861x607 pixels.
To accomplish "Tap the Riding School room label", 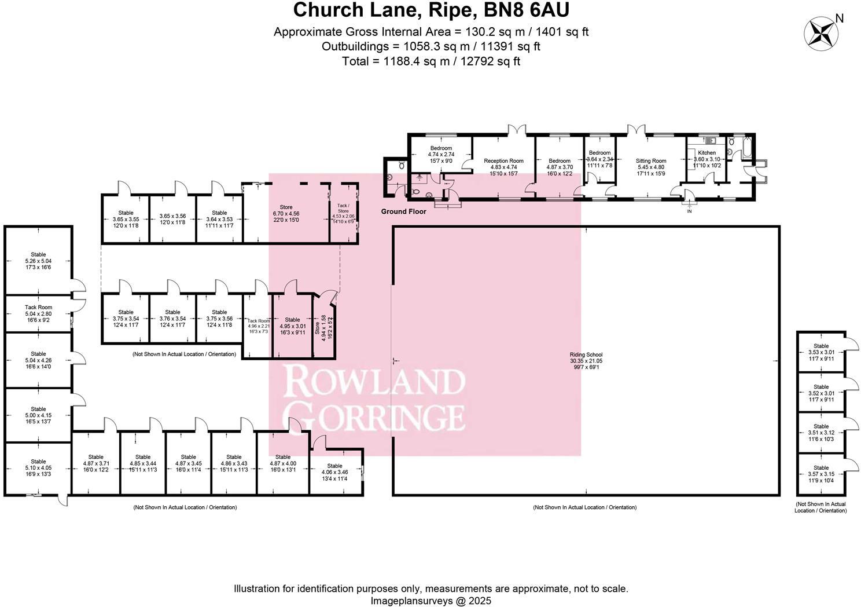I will click(x=586, y=355).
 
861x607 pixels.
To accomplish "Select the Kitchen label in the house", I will click(x=707, y=153).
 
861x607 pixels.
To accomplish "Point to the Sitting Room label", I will click(x=651, y=161).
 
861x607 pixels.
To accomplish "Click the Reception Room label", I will click(x=503, y=161).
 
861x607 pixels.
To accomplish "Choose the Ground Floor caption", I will click(x=403, y=211).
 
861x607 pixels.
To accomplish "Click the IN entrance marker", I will click(x=689, y=211).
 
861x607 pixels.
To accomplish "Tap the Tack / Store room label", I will click(x=343, y=207).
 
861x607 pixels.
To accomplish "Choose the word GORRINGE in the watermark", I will click(x=376, y=416).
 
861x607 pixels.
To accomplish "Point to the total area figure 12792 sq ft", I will click(x=490, y=61).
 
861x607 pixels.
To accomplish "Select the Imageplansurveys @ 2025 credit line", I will click(x=430, y=601).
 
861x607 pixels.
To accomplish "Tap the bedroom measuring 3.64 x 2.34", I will click(x=599, y=156).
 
